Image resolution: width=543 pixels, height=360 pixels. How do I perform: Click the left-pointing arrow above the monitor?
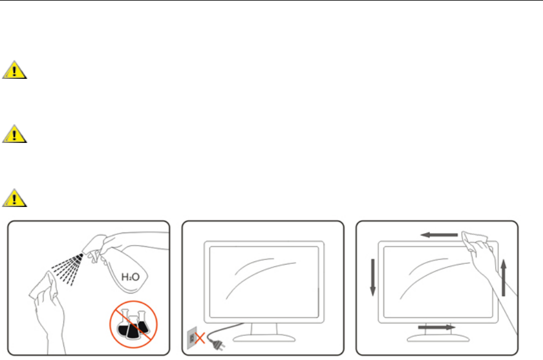(x=438, y=235)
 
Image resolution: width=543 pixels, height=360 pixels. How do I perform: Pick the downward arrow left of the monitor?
(x=372, y=276)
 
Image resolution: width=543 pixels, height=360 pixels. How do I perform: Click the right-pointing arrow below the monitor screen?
(x=436, y=327)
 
